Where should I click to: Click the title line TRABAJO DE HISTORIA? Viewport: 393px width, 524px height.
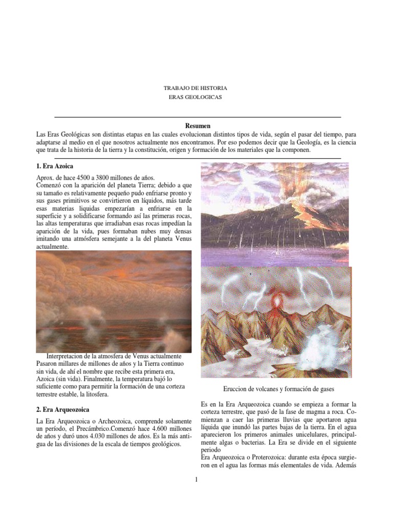195,88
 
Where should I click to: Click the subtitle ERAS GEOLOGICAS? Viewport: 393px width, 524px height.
195,97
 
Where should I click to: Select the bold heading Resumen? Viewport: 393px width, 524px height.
197,126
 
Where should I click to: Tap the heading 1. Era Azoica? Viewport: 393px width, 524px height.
52,167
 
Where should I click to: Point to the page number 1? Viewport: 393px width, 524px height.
196,479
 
